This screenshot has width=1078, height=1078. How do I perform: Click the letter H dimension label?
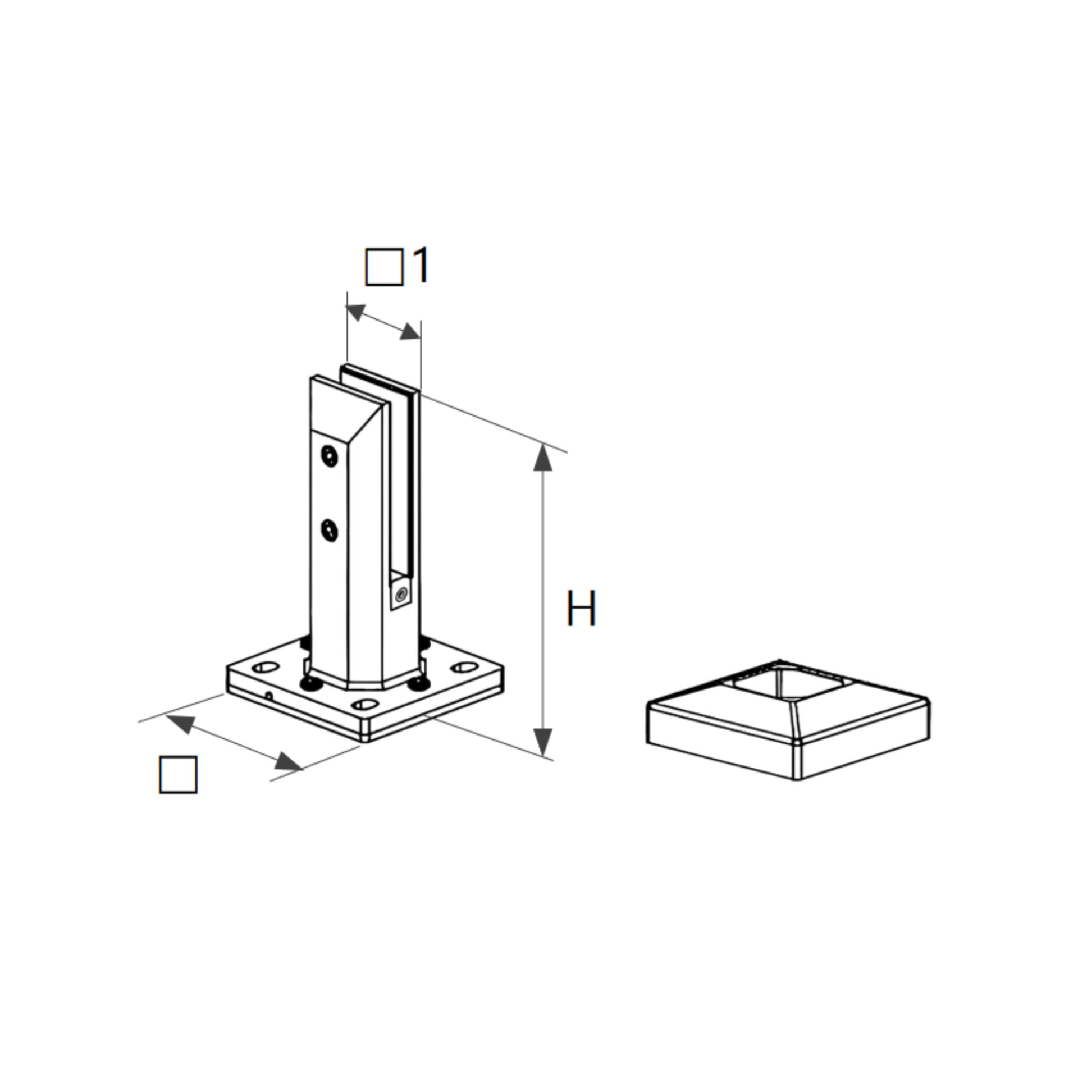click(581, 608)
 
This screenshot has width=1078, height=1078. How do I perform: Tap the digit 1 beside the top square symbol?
click(419, 266)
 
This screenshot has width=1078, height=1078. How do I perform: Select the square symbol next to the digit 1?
click(384, 267)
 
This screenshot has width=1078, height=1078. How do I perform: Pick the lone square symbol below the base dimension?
click(178, 775)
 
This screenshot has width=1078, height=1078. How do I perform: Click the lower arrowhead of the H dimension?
click(542, 741)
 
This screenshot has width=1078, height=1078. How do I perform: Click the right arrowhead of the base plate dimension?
click(289, 761)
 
